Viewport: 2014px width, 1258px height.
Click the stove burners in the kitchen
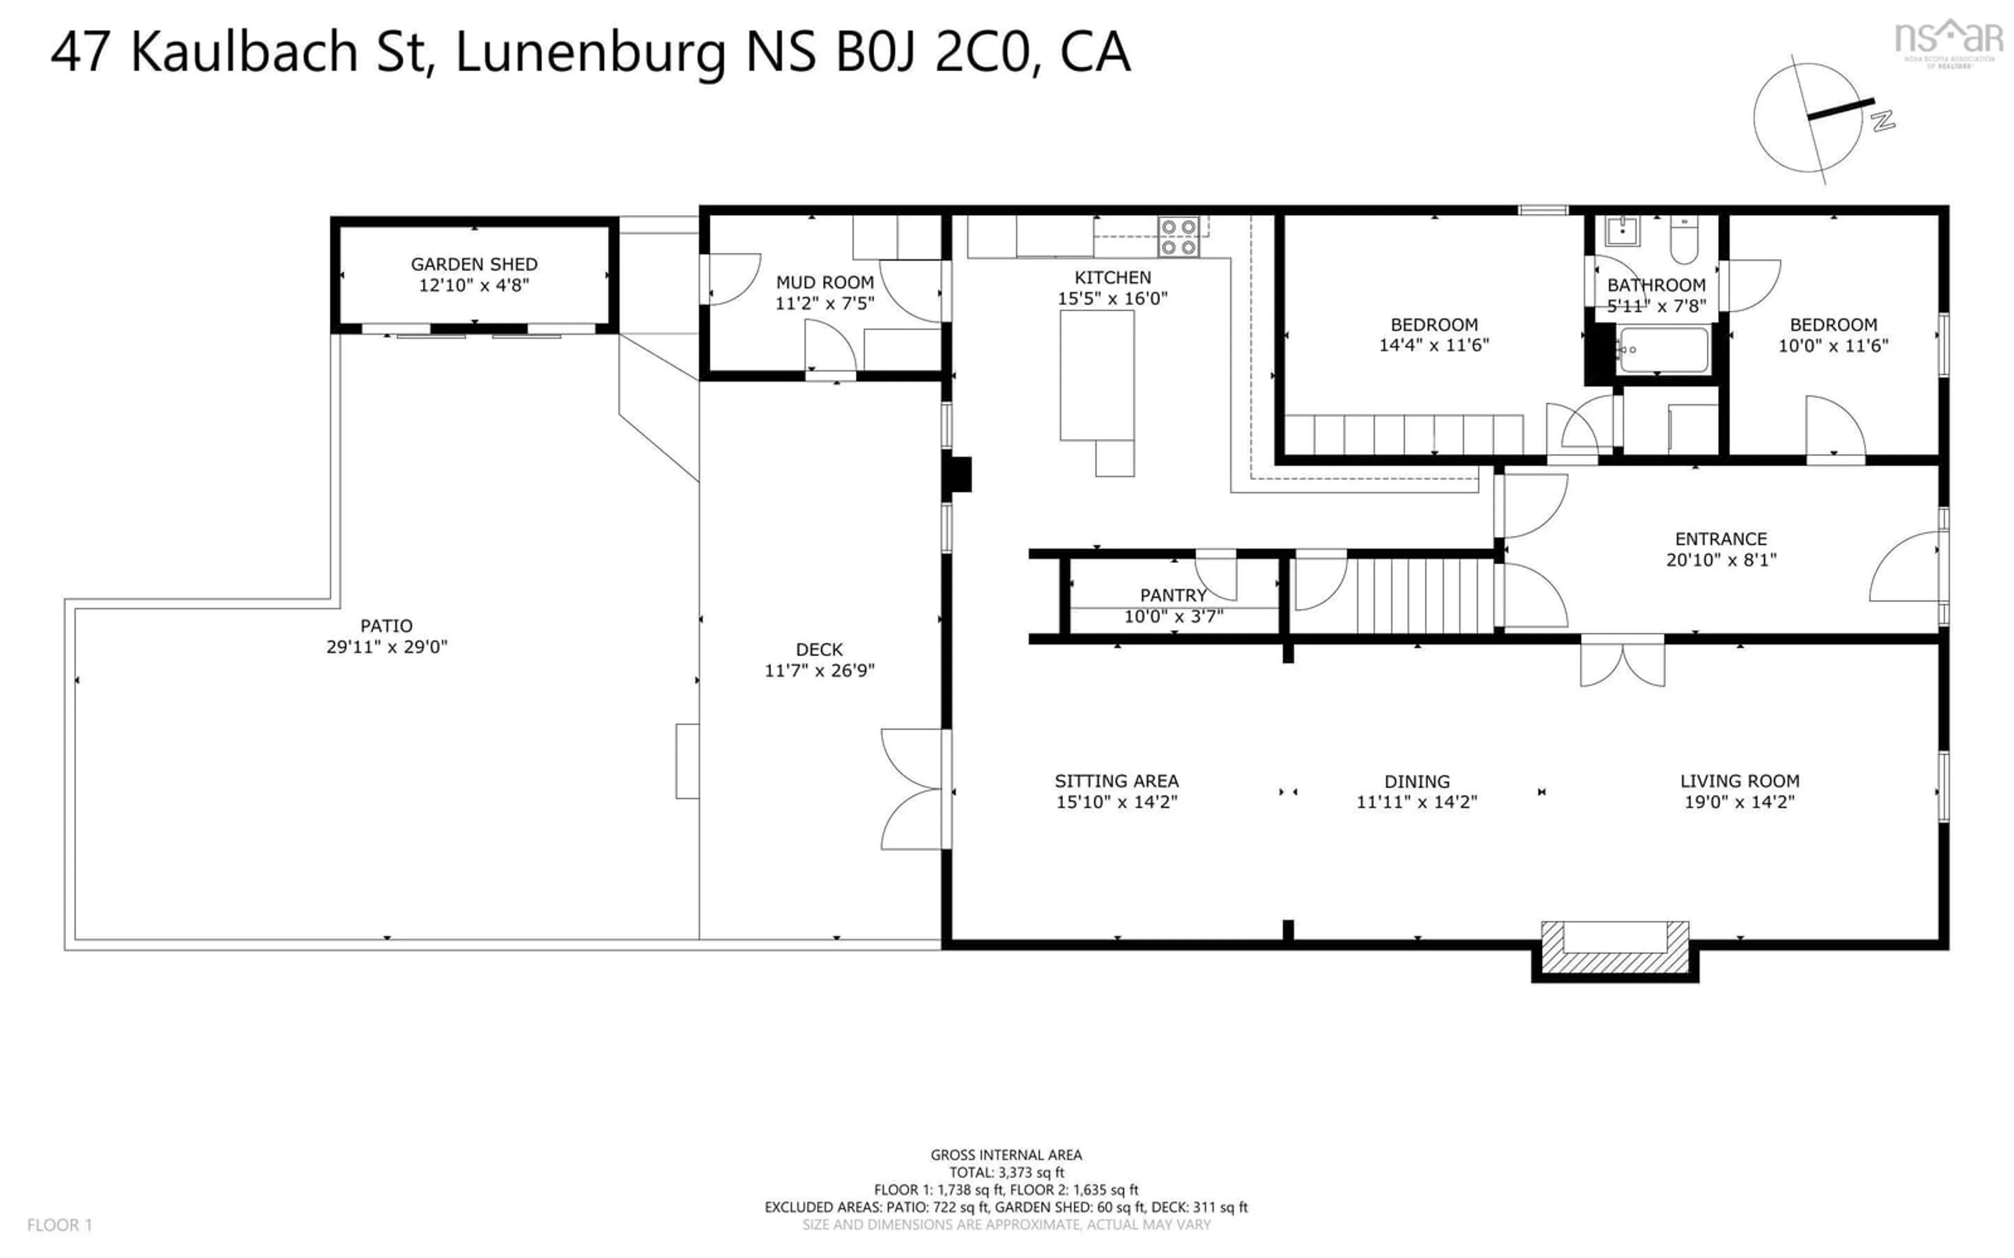click(1179, 236)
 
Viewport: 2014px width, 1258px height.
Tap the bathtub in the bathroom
click(1663, 350)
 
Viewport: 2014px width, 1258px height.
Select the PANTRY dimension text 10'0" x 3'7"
click(1173, 616)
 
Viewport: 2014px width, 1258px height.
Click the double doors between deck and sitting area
click(914, 789)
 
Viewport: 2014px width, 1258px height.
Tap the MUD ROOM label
click(824, 282)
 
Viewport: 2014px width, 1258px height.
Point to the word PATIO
click(386, 626)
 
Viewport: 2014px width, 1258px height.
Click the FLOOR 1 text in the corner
click(60, 1225)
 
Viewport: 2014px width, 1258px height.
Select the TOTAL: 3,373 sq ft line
click(1006, 1173)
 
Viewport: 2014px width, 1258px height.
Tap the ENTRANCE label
click(1720, 538)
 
